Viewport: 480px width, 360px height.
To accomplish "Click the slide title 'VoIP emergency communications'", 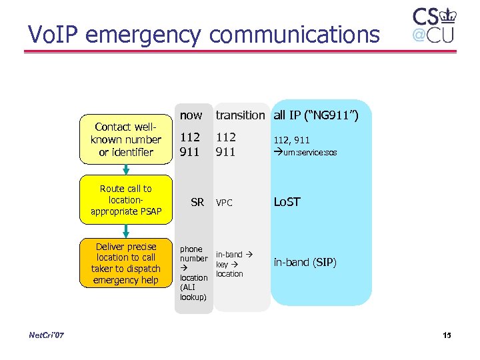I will (x=203, y=33).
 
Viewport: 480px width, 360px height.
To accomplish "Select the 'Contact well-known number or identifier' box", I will (x=126, y=139).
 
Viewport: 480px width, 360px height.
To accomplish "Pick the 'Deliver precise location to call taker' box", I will (x=126, y=263).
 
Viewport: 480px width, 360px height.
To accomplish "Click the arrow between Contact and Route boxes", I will (x=125, y=170).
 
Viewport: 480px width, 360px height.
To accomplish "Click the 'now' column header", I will (x=191, y=115).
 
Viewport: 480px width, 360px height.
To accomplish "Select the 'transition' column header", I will (x=239, y=115).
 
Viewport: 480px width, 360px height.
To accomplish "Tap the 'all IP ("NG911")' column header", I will (x=316, y=115).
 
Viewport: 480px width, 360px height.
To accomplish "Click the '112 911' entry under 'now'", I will (x=191, y=144).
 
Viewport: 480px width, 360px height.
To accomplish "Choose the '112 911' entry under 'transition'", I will (x=225, y=144).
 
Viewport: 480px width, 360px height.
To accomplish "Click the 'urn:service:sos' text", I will (x=306, y=152).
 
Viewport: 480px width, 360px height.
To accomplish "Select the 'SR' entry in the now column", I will (x=197, y=202).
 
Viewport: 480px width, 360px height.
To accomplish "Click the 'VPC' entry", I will (x=224, y=203).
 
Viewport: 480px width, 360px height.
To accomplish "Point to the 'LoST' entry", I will (x=287, y=202).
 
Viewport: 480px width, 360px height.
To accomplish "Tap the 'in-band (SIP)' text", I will (x=305, y=262).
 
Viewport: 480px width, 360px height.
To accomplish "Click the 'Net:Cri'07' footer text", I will (x=47, y=335).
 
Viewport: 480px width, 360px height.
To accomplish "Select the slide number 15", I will (x=446, y=335).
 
